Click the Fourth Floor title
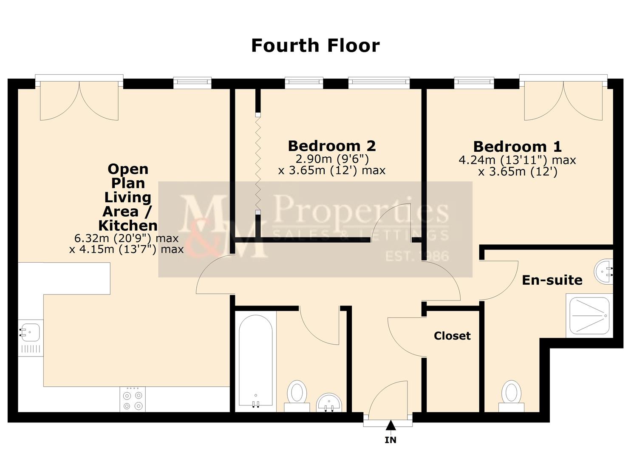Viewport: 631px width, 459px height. pyautogui.click(x=315, y=45)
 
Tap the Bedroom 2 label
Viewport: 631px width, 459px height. pyautogui.click(x=331, y=146)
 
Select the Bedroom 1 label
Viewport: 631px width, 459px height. pyautogui.click(x=517, y=147)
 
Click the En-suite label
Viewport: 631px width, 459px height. pyautogui.click(x=552, y=280)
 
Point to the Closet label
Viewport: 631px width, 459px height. pyautogui.click(x=452, y=336)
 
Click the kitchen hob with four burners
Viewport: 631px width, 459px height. pyautogui.click(x=132, y=399)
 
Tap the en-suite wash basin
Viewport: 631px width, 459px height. pyautogui.click(x=605, y=272)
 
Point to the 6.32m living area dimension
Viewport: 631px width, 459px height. pyautogui.click(x=126, y=238)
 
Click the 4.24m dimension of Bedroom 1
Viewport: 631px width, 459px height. pyautogui.click(x=517, y=160)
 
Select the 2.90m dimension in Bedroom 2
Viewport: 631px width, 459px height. pyautogui.click(x=332, y=159)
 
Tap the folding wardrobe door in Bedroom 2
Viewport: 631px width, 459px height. pyautogui.click(x=257, y=163)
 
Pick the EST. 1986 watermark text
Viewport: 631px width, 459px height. pyautogui.click(x=417, y=256)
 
